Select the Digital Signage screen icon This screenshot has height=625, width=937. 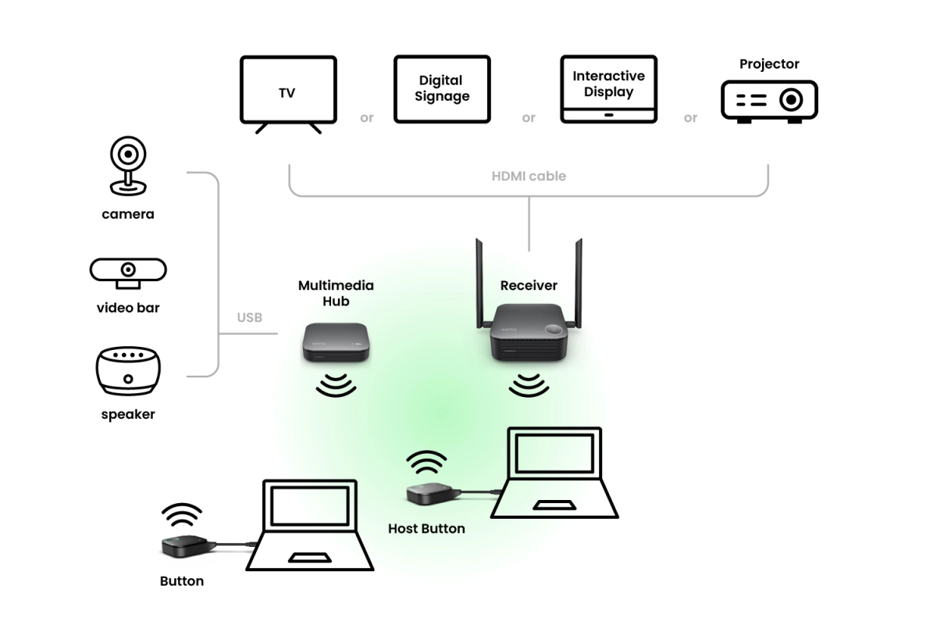coord(442,88)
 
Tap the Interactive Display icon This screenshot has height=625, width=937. coord(608,88)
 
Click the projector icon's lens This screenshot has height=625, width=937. coord(792,101)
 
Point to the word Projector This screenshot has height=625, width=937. coord(769,64)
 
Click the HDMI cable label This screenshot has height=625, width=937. coord(529,177)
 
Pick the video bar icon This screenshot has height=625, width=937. coord(128,270)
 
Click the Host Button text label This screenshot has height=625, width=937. coord(426,529)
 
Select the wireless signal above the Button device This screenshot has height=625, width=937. coord(182,516)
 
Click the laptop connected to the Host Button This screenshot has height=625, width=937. coord(554,473)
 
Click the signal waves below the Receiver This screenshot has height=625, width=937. coord(529,384)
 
